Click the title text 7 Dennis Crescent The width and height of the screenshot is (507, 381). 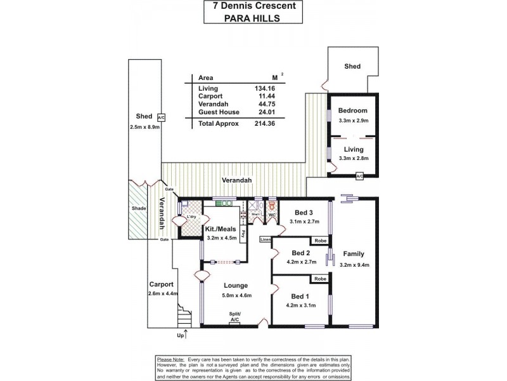pos(253,6)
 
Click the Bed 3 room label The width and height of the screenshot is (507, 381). pos(303,212)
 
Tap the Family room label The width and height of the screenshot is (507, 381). pos(353,253)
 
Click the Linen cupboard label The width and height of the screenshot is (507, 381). pos(267,239)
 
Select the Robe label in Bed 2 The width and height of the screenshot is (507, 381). pos(318,241)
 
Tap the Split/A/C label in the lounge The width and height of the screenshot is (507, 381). pos(234,318)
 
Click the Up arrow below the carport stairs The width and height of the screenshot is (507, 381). pos(185,332)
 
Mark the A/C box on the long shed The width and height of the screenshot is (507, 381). pos(161,117)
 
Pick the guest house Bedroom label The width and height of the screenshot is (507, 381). pos(352,110)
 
